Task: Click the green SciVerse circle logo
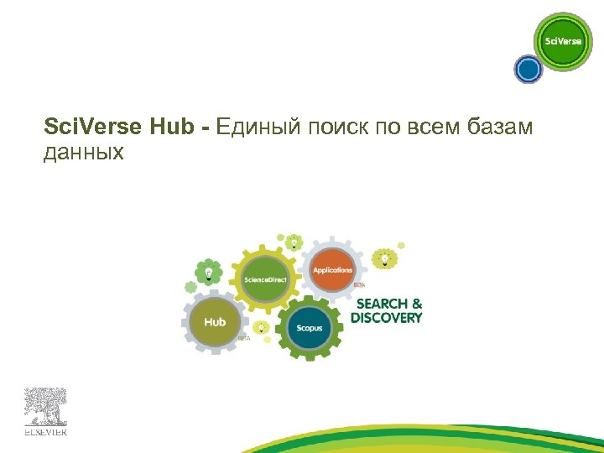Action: (563, 41)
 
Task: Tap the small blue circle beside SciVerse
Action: (528, 69)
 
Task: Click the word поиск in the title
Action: (333, 128)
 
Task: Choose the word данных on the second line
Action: (83, 152)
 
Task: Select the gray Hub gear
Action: (215, 322)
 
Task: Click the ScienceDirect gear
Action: (265, 279)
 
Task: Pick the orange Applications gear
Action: (332, 270)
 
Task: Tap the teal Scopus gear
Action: (309, 327)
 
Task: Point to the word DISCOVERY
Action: (387, 318)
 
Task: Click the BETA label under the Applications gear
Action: (359, 285)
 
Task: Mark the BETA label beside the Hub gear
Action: (243, 337)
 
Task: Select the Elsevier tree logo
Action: (45, 410)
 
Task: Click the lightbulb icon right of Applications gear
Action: (385, 258)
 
